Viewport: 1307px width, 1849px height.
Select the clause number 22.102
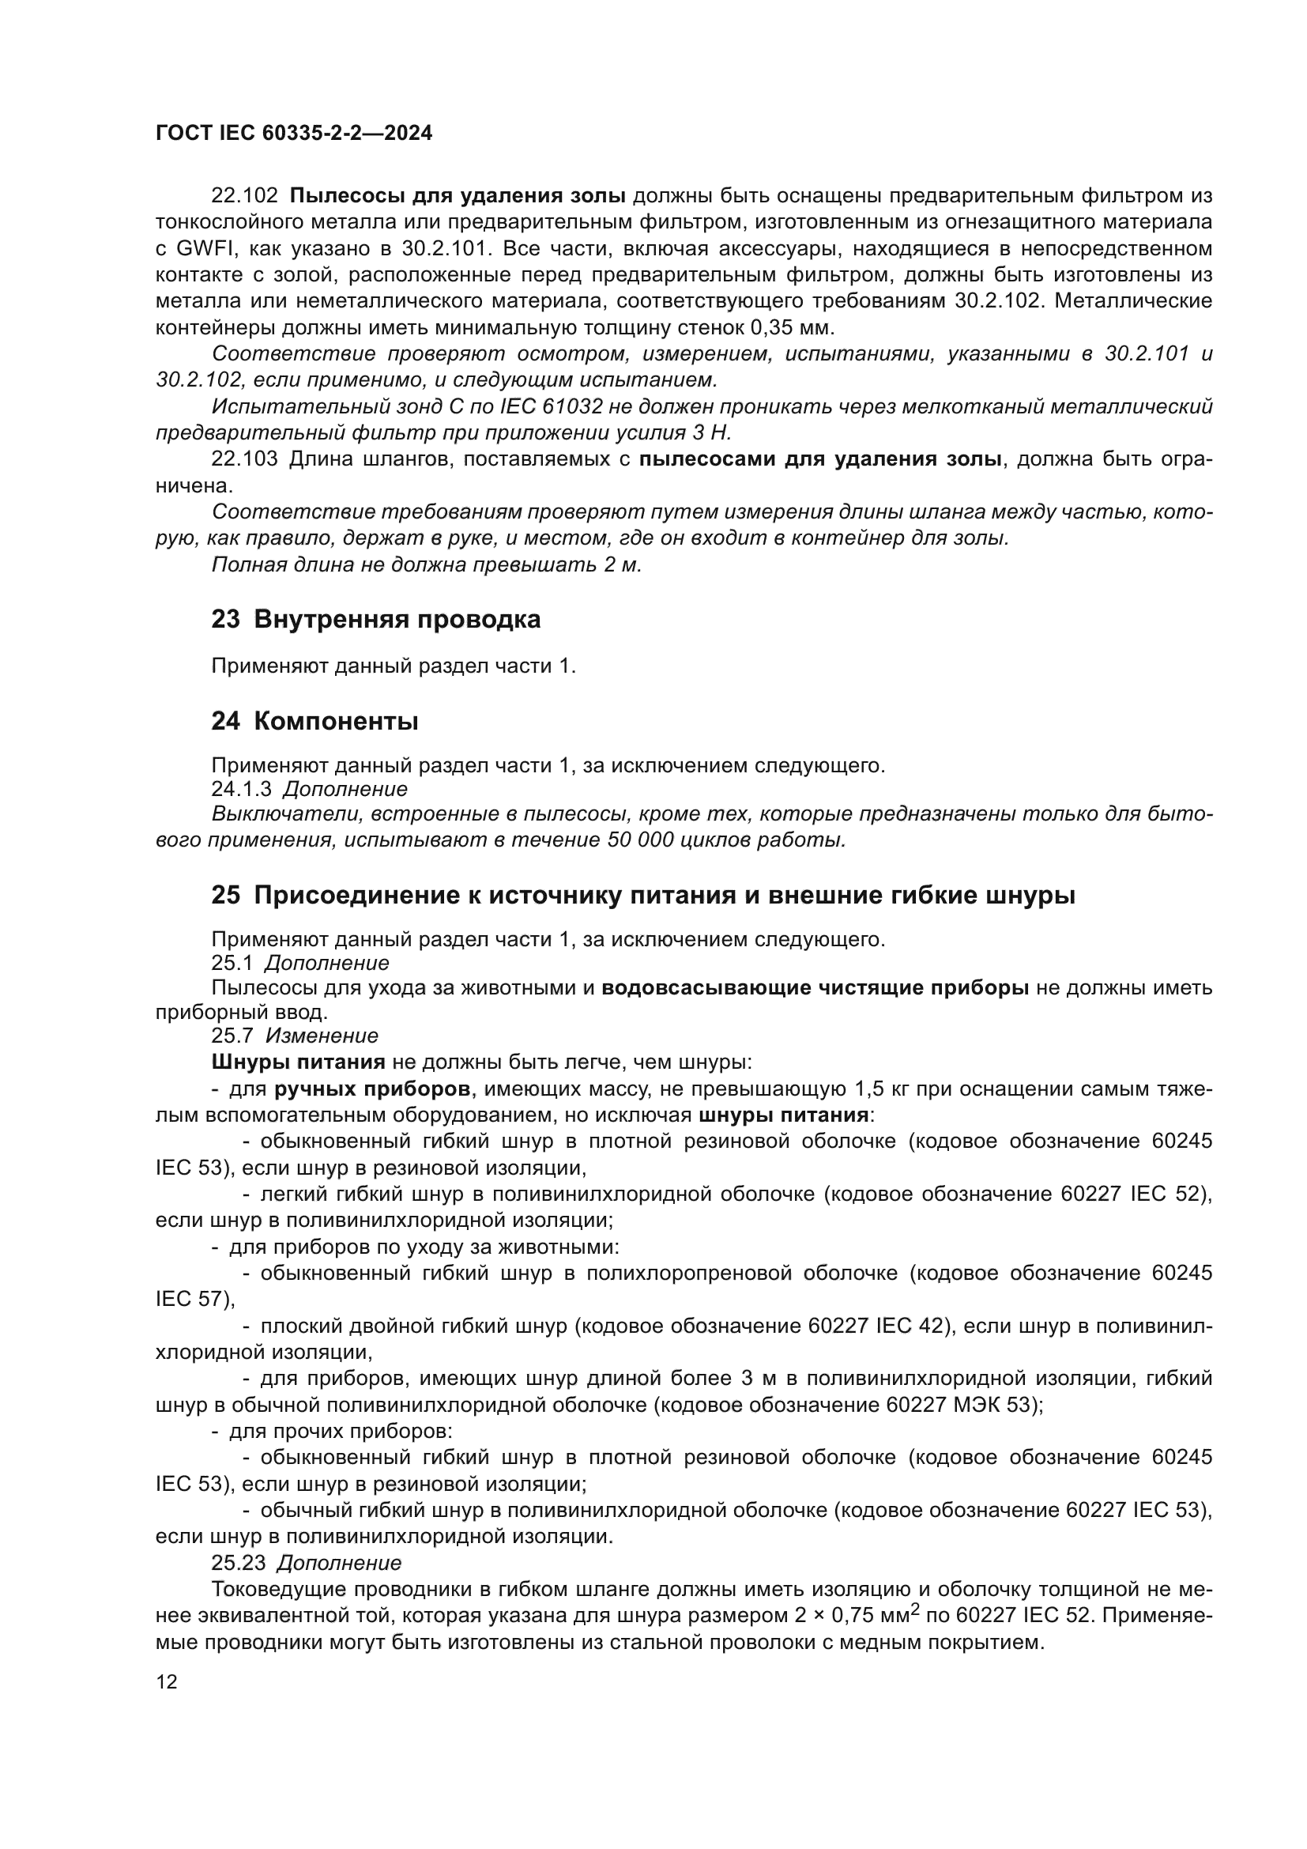point(244,196)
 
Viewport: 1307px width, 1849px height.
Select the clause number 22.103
point(244,459)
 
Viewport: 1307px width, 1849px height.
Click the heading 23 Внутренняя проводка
point(376,619)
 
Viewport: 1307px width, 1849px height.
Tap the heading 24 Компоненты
point(315,721)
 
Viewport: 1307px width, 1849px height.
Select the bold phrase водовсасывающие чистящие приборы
point(815,988)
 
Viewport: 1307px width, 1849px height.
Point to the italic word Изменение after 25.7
point(321,1036)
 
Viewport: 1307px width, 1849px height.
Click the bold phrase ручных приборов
point(373,1089)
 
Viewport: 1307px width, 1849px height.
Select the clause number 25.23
point(238,1563)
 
